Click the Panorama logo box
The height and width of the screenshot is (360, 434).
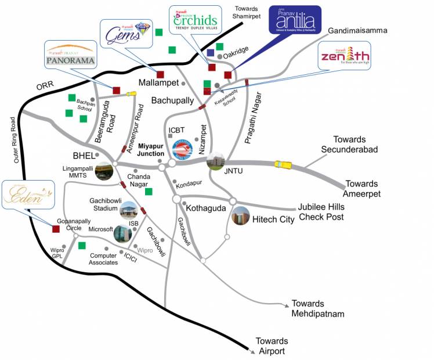click(70, 55)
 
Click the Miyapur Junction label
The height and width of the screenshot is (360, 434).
click(150, 150)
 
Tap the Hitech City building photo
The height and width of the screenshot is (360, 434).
click(240, 216)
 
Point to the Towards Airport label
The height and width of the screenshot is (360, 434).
click(272, 346)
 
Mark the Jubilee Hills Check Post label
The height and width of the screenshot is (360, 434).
click(321, 212)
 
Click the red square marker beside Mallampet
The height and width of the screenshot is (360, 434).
click(161, 74)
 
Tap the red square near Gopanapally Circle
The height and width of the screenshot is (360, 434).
click(56, 229)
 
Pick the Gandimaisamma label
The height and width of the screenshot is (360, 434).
click(357, 30)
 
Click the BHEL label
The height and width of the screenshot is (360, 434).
click(83, 156)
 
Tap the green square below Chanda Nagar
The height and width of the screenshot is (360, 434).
click(149, 192)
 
